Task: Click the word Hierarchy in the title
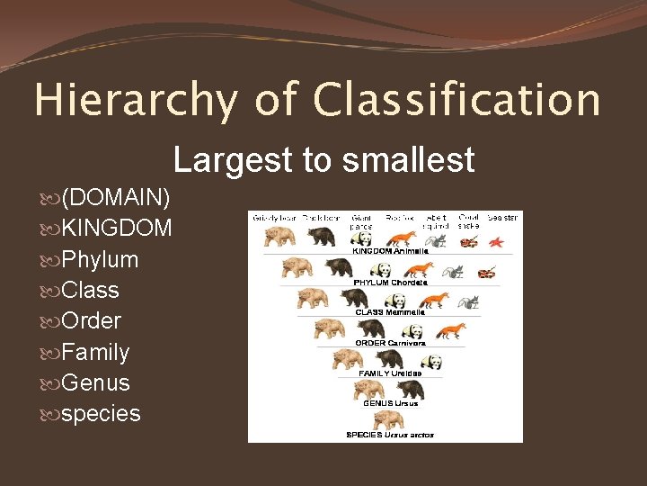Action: point(136,100)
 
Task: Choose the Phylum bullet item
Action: point(100,259)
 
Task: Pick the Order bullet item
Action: point(91,321)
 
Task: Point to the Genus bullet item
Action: point(95,382)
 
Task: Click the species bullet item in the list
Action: point(101,414)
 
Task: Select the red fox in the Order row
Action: point(451,331)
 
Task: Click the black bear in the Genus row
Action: point(410,390)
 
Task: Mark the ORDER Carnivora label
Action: point(390,343)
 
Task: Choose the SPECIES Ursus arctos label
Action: point(389,435)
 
